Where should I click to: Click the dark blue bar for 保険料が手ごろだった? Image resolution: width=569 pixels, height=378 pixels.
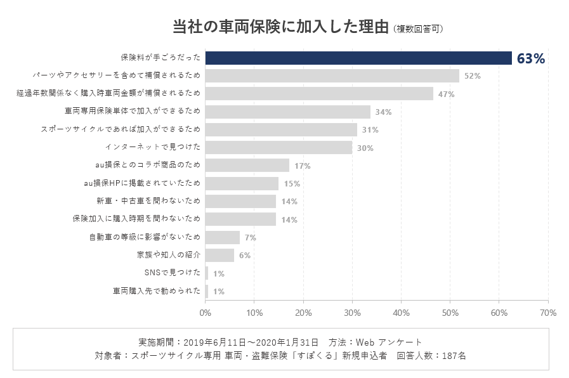[358, 58]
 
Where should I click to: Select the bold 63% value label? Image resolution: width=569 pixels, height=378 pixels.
[530, 58]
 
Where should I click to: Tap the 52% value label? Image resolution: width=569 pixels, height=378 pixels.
[473, 76]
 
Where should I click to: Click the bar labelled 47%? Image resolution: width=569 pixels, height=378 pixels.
[319, 94]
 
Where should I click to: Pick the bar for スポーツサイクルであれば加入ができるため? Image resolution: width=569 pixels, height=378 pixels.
[281, 130]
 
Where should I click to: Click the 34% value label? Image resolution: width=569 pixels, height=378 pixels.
[383, 112]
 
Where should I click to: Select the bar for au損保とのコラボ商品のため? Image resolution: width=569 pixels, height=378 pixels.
[247, 166]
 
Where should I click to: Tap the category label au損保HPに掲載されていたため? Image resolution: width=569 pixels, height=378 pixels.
[142, 184]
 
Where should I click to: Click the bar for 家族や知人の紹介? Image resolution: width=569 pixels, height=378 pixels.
[220, 255]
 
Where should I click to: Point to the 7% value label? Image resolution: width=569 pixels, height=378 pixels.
[250, 238]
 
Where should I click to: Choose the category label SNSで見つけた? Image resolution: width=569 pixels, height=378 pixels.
[173, 273]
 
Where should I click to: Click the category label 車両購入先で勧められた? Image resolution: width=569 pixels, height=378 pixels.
[157, 291]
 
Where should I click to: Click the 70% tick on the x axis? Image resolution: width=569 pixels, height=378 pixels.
[548, 313]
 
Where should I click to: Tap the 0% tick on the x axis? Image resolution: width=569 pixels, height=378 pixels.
[206, 313]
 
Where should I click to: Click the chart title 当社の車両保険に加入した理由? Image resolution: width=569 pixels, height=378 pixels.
[280, 27]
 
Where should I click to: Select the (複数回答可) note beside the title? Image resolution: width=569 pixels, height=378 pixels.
[417, 29]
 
